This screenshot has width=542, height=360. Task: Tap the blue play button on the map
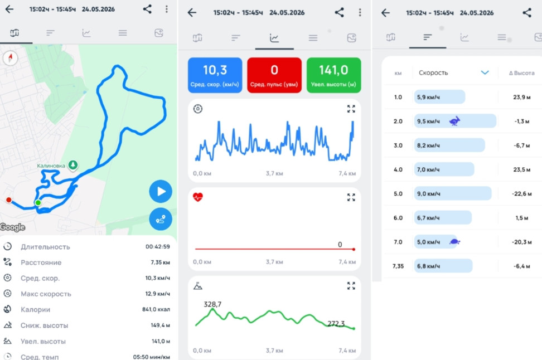[161, 191]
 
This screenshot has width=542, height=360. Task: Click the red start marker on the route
[9, 200]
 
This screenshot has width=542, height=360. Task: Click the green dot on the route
[38, 202]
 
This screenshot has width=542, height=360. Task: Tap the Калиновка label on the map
[51, 166]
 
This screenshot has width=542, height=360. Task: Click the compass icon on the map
[11, 58]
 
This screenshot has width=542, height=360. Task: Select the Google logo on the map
[13, 227]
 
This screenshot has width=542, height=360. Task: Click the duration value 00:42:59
[158, 247]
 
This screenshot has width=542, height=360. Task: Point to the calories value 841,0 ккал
[156, 309]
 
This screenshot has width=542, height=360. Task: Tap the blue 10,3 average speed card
[215, 75]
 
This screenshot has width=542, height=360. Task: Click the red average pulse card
[274, 75]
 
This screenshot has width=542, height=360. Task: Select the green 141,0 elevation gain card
[333, 75]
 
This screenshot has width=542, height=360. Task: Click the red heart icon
[198, 197]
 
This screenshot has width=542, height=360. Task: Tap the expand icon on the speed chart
[351, 109]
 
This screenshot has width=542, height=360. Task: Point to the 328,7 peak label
[212, 304]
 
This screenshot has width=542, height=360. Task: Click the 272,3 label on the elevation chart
[336, 324]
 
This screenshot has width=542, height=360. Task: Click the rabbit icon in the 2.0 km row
[454, 121]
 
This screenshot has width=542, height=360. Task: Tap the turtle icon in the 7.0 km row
[454, 242]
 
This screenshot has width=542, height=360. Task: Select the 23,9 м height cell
[521, 97]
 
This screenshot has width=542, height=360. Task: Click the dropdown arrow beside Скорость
[485, 72]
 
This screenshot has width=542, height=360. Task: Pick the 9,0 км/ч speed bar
[452, 193]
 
